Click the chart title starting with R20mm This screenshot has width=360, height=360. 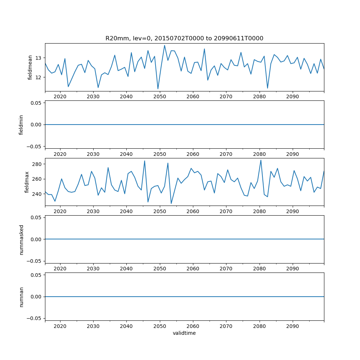click(184, 38)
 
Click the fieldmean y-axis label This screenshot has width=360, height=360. click(30, 67)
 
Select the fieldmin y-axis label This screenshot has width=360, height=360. click(21, 125)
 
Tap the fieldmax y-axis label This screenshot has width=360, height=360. click(27, 182)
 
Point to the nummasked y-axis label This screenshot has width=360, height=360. click(21, 239)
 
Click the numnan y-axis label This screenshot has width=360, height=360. click(21, 297)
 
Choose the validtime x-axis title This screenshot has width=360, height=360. click(184, 333)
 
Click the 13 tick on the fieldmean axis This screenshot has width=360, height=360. click(38, 58)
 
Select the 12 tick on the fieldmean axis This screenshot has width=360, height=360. click(38, 77)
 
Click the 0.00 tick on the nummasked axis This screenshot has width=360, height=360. click(35, 239)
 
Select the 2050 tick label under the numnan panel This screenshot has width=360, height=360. click(159, 326)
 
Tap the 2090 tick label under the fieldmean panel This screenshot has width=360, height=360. click(292, 96)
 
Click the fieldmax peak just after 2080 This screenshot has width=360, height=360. click(261, 160)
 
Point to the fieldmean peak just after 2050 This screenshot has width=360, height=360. click(165, 45)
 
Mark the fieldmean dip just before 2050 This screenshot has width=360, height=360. click(158, 89)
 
